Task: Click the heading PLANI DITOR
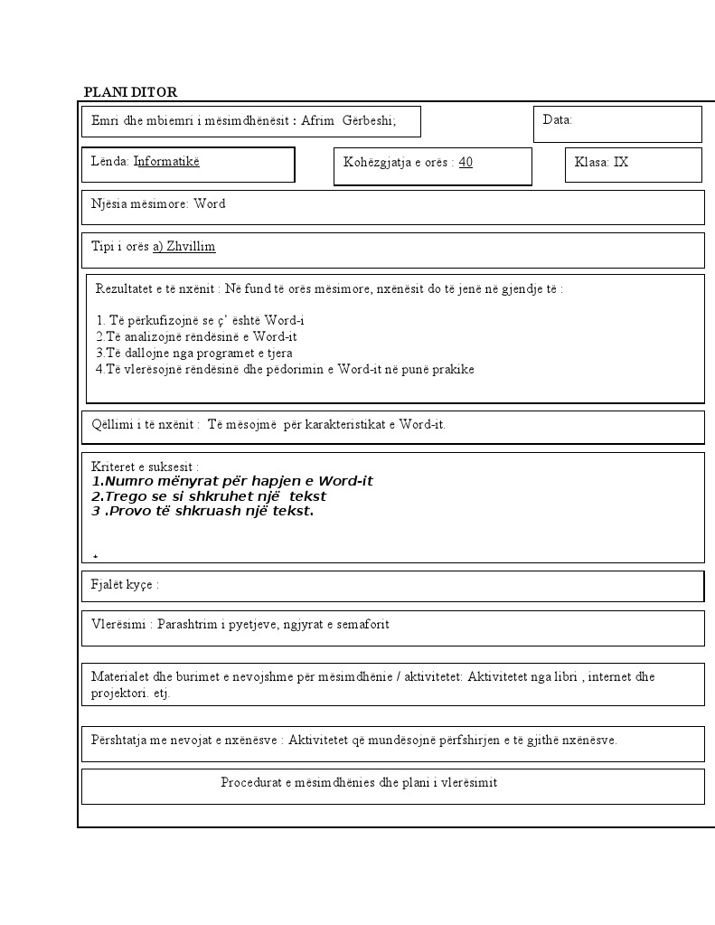(x=130, y=92)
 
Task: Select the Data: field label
(x=557, y=119)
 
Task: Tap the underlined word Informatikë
(x=166, y=161)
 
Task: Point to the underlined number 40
(x=466, y=162)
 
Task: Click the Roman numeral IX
(x=621, y=162)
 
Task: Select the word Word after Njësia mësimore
(x=210, y=203)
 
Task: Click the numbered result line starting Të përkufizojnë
(x=200, y=320)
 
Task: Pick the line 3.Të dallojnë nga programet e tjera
(x=193, y=353)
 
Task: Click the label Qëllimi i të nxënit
(x=145, y=424)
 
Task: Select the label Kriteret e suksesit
(x=145, y=466)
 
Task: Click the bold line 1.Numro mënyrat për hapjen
(x=232, y=481)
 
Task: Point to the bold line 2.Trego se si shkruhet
(x=209, y=496)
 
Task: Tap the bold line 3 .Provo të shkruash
(x=202, y=510)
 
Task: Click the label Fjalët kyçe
(x=125, y=584)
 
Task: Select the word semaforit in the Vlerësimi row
(x=362, y=624)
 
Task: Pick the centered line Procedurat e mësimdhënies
(x=359, y=782)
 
